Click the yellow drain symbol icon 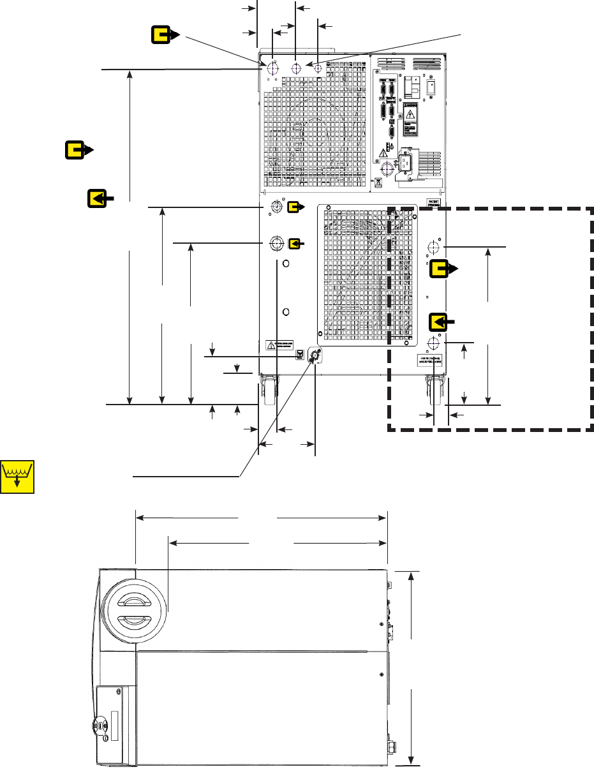tap(17, 476)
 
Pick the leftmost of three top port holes tap(273, 68)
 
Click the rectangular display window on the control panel tap(115, 725)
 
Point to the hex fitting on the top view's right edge tap(390, 744)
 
